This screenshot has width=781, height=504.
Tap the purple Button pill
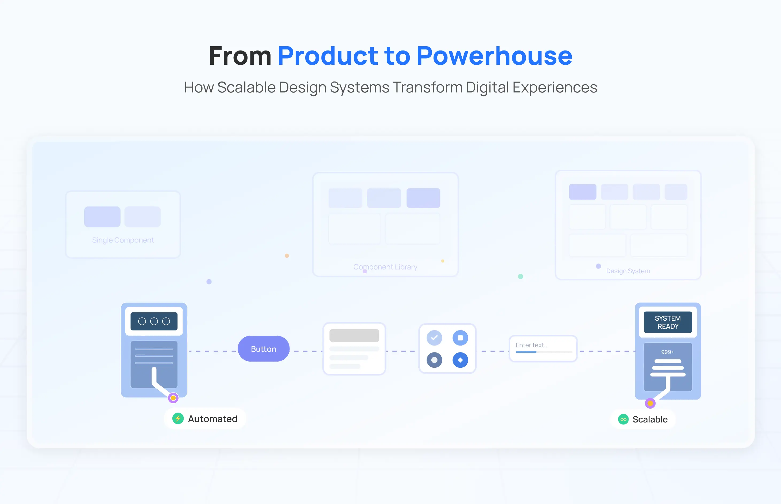[264, 349]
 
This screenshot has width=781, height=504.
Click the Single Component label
[123, 240]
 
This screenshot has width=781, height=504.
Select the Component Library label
[385, 267]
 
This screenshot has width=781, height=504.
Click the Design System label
[628, 271]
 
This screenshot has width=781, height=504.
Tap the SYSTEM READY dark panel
[668, 322]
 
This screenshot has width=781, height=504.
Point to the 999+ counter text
[667, 352]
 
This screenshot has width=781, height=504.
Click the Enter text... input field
[543, 348]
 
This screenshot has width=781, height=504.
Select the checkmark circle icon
[434, 338]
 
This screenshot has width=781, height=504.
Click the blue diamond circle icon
[460, 360]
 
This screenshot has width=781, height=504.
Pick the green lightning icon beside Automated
[178, 418]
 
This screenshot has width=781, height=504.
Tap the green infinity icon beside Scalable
[623, 419]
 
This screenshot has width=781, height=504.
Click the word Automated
[212, 419]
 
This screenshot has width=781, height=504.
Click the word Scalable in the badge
[650, 420]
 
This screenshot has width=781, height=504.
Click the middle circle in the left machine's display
[154, 321]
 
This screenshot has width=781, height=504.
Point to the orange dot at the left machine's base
[173, 398]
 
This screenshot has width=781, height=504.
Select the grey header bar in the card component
[354, 335]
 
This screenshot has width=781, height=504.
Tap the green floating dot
[520, 277]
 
